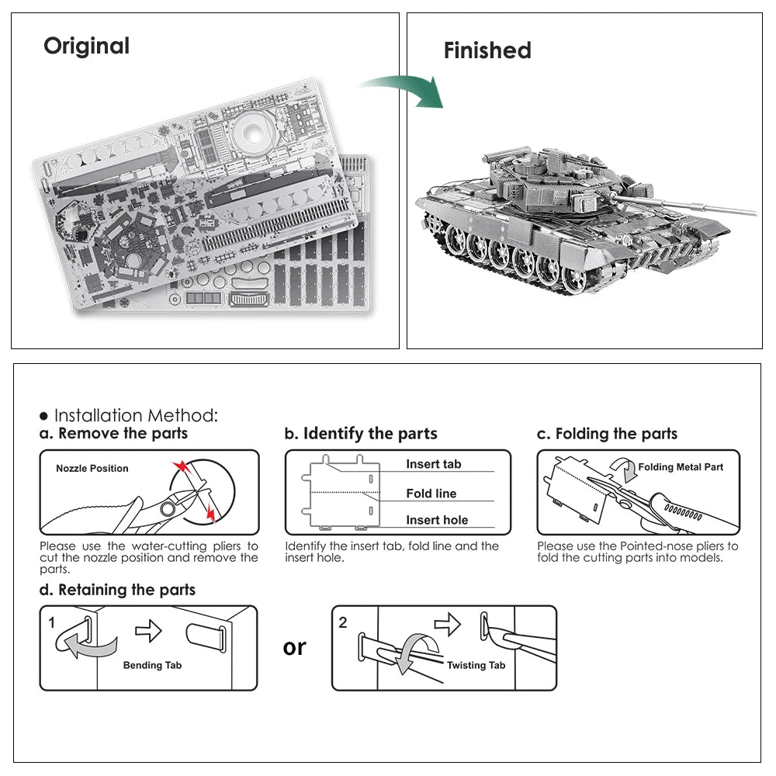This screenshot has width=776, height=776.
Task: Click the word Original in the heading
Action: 86,46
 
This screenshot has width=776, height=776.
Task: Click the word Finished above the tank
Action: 487,50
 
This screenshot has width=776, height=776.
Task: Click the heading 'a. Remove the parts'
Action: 114,434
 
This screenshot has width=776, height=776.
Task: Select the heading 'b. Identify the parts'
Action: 361,434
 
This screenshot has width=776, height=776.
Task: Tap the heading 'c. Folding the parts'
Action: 607,434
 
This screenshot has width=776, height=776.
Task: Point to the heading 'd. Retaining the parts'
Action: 117,590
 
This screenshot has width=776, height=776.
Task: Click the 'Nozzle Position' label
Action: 92,469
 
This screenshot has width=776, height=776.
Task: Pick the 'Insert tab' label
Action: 433,464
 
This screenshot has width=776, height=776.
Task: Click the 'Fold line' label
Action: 431,494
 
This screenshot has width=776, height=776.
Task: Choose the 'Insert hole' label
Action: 437,521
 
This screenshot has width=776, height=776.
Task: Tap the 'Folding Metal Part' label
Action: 681,467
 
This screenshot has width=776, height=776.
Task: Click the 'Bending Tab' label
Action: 152,665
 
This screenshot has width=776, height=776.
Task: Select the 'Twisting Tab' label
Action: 476,665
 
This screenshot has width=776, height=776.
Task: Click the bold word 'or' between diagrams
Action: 294,647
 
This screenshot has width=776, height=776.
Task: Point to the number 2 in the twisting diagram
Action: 342,622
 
